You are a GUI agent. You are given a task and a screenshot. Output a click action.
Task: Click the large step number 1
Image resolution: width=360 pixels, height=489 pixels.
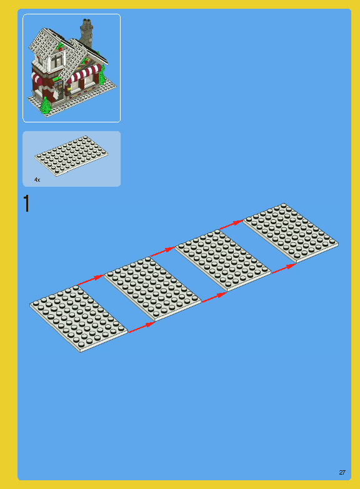(x=26, y=204)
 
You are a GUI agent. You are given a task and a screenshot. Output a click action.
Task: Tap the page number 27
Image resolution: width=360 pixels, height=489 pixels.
(x=342, y=472)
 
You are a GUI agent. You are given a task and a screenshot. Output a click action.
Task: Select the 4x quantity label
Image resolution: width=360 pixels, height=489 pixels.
(x=37, y=180)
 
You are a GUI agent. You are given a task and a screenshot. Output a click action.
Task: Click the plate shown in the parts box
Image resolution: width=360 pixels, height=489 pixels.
(x=71, y=156)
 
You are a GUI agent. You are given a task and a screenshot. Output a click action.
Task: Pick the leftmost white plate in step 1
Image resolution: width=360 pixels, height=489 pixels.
(x=78, y=318)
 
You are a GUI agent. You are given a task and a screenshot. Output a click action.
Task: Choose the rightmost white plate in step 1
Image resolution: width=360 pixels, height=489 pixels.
(x=291, y=232)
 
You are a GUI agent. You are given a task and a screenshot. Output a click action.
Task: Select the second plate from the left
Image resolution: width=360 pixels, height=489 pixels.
(x=152, y=288)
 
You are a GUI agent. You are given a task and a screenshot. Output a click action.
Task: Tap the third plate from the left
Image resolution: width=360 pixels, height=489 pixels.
(x=222, y=259)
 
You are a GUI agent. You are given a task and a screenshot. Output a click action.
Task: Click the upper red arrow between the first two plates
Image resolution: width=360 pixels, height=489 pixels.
(x=91, y=279)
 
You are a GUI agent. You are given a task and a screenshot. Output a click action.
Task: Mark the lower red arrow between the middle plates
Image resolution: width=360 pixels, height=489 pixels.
(x=213, y=298)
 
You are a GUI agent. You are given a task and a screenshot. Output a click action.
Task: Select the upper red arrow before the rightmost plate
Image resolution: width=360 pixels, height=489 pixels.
(x=231, y=222)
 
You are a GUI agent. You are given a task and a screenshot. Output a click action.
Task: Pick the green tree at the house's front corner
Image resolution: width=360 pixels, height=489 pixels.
(x=45, y=106)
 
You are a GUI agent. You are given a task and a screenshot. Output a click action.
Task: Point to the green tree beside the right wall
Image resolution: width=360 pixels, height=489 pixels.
(x=101, y=76)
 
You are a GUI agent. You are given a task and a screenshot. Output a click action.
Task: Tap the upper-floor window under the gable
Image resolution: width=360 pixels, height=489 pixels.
(x=53, y=60)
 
